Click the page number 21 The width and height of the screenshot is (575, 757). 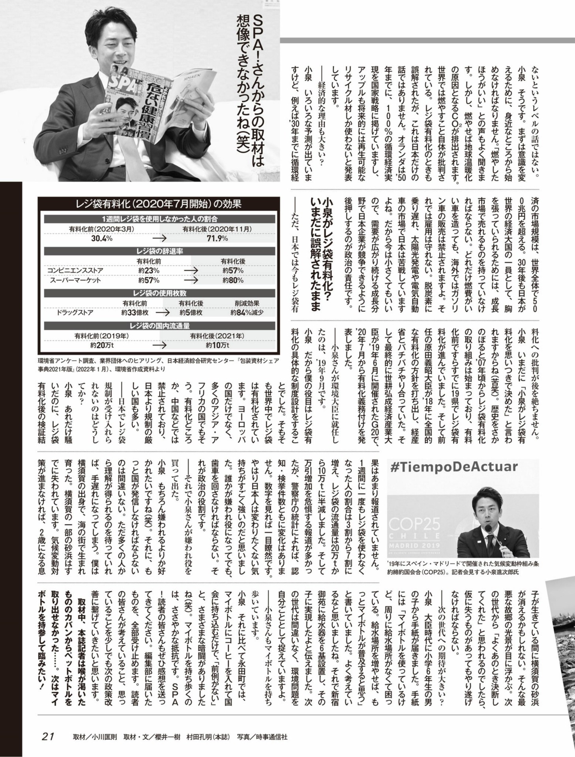pos(47,736)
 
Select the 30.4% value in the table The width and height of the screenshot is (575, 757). pos(102,239)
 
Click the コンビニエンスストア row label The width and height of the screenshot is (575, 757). pos(75,270)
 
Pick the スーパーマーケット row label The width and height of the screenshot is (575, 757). pos(75,280)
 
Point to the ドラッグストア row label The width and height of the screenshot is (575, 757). pos(75,313)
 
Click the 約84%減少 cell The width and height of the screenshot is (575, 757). pos(247,313)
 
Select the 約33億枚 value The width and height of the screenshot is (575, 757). pos(135,313)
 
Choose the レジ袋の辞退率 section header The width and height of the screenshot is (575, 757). pos(159,251)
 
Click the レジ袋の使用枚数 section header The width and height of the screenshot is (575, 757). pos(159,293)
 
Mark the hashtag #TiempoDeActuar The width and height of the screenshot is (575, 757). pos(453,467)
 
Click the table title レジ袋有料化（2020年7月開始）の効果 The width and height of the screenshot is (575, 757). pos(159,204)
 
